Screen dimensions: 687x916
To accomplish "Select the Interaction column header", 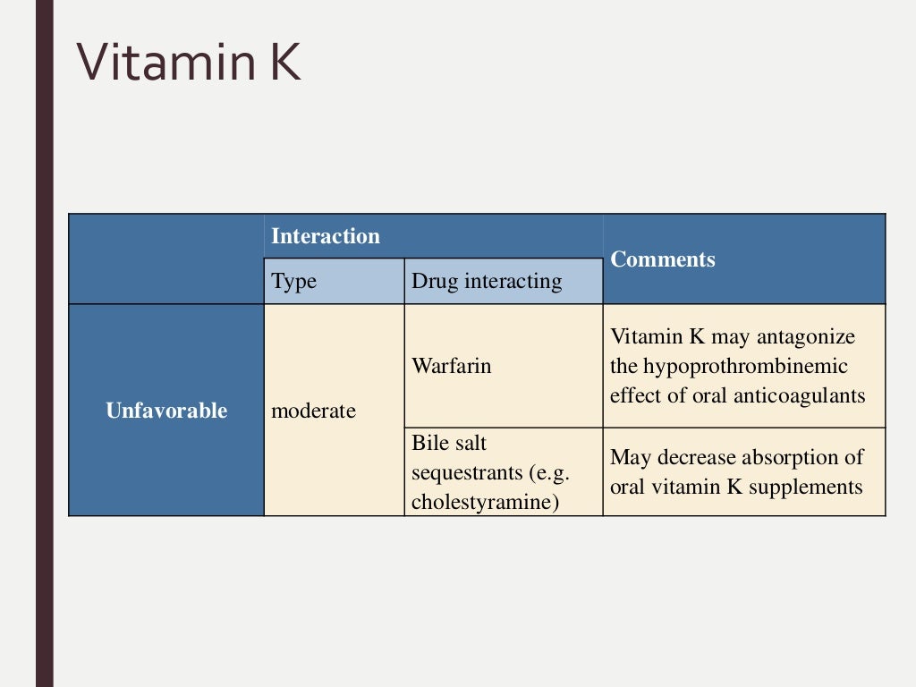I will [326, 237].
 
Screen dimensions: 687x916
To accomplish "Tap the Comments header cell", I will [663, 259].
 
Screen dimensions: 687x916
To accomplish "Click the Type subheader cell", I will [294, 282].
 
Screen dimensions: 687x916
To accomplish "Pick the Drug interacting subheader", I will [487, 282].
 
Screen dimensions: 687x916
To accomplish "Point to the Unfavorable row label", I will [166, 411].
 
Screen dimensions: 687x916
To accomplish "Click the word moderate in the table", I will [313, 411].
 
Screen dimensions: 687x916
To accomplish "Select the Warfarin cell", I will [451, 366].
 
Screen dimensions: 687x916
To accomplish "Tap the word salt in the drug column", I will [471, 443].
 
